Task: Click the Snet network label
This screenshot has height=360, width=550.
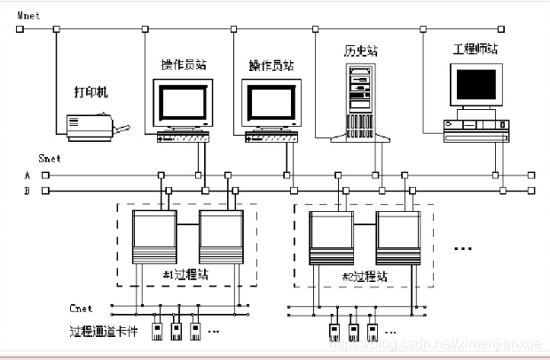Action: coord(50,159)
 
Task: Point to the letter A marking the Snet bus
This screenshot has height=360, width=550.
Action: coord(27,176)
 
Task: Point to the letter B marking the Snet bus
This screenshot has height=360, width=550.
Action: coord(27,191)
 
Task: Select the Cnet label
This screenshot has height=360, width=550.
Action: coord(82,309)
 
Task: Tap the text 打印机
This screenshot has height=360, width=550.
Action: coord(90,91)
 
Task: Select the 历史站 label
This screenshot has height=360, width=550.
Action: coord(360,51)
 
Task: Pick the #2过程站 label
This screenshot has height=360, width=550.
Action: coord(365,276)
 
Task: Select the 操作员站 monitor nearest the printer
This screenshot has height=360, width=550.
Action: coord(182,104)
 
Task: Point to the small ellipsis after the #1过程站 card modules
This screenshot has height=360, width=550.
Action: coord(214,332)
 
